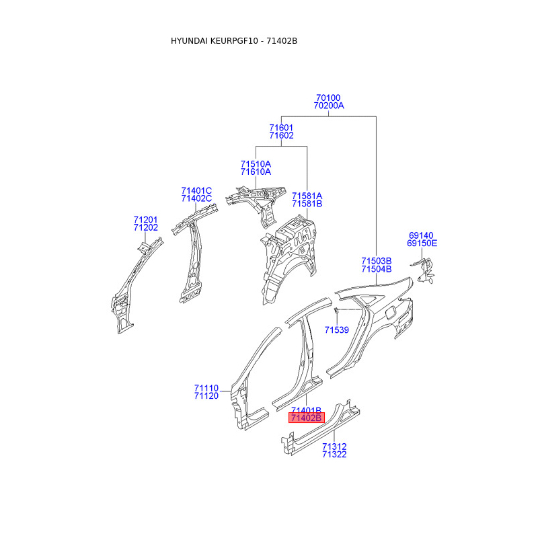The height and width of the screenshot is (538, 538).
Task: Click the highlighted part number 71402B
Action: click(x=307, y=418)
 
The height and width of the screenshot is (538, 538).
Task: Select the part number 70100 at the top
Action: click(x=328, y=98)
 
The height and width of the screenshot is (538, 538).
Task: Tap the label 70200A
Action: click(x=328, y=106)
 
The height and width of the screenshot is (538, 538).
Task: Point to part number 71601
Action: click(x=281, y=127)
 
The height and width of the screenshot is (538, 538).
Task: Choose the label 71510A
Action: click(x=256, y=163)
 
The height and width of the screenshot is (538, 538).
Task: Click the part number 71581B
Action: click(x=307, y=203)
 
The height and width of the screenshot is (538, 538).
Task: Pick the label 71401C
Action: click(x=196, y=190)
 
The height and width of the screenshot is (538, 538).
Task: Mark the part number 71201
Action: click(x=145, y=220)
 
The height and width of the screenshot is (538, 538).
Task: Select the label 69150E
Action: click(x=423, y=243)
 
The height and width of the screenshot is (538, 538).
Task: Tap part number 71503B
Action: click(x=376, y=261)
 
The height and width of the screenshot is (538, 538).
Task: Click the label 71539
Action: click(x=336, y=330)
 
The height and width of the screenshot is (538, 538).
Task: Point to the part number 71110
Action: click(x=206, y=388)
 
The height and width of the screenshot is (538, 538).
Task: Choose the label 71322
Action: click(x=334, y=455)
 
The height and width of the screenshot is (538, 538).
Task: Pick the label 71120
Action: click(x=206, y=396)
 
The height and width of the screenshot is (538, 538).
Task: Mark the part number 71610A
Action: click(x=256, y=171)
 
